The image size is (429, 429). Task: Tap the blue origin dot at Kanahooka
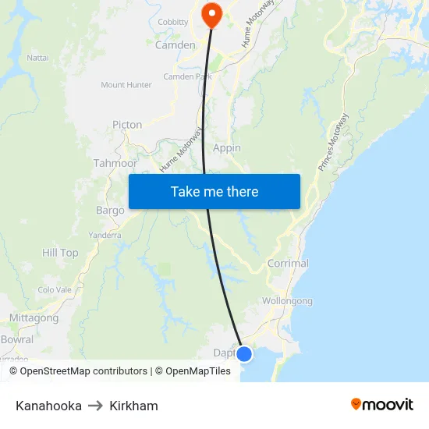[244, 354]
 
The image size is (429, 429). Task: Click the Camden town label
[175, 45]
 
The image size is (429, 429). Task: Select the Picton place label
[127, 125]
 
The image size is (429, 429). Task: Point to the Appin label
[226, 148]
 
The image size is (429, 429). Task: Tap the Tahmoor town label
[115, 164]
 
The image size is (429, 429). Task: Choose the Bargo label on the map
[110, 211]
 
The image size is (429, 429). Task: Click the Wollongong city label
[287, 301]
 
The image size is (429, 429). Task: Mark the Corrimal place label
[288, 264]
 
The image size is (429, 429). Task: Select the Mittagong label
[34, 318]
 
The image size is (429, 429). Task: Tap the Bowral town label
[17, 340]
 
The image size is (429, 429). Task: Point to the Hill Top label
[60, 253]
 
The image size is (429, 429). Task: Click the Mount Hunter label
[126, 85]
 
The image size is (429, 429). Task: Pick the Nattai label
[37, 58]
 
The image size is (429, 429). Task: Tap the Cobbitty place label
[173, 23]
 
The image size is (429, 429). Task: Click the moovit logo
[382, 405]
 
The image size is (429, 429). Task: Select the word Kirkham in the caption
[133, 406]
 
